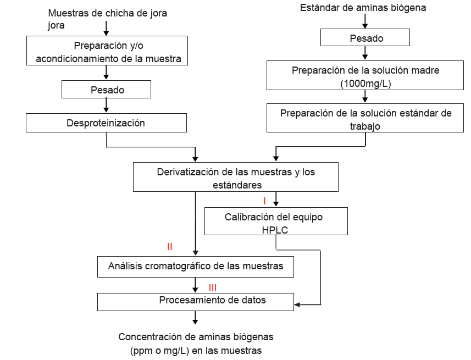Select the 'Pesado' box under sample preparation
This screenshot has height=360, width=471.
(107, 90)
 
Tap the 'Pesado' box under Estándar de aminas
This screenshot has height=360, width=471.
(365, 38)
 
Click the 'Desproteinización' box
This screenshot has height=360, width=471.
(106, 123)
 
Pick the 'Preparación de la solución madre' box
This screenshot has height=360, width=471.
(365, 75)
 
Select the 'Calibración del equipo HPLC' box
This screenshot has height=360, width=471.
(276, 221)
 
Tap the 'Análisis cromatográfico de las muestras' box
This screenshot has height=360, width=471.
(196, 267)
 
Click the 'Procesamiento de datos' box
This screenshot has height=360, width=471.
(196, 301)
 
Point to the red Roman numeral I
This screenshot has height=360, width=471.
(264, 201)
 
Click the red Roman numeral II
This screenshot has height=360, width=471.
(170, 247)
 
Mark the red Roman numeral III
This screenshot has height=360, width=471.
(213, 287)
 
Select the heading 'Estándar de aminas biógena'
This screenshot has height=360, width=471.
(363, 8)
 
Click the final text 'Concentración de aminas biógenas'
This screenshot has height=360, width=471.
(196, 337)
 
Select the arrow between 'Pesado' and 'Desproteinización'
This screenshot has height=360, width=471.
(106, 106)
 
